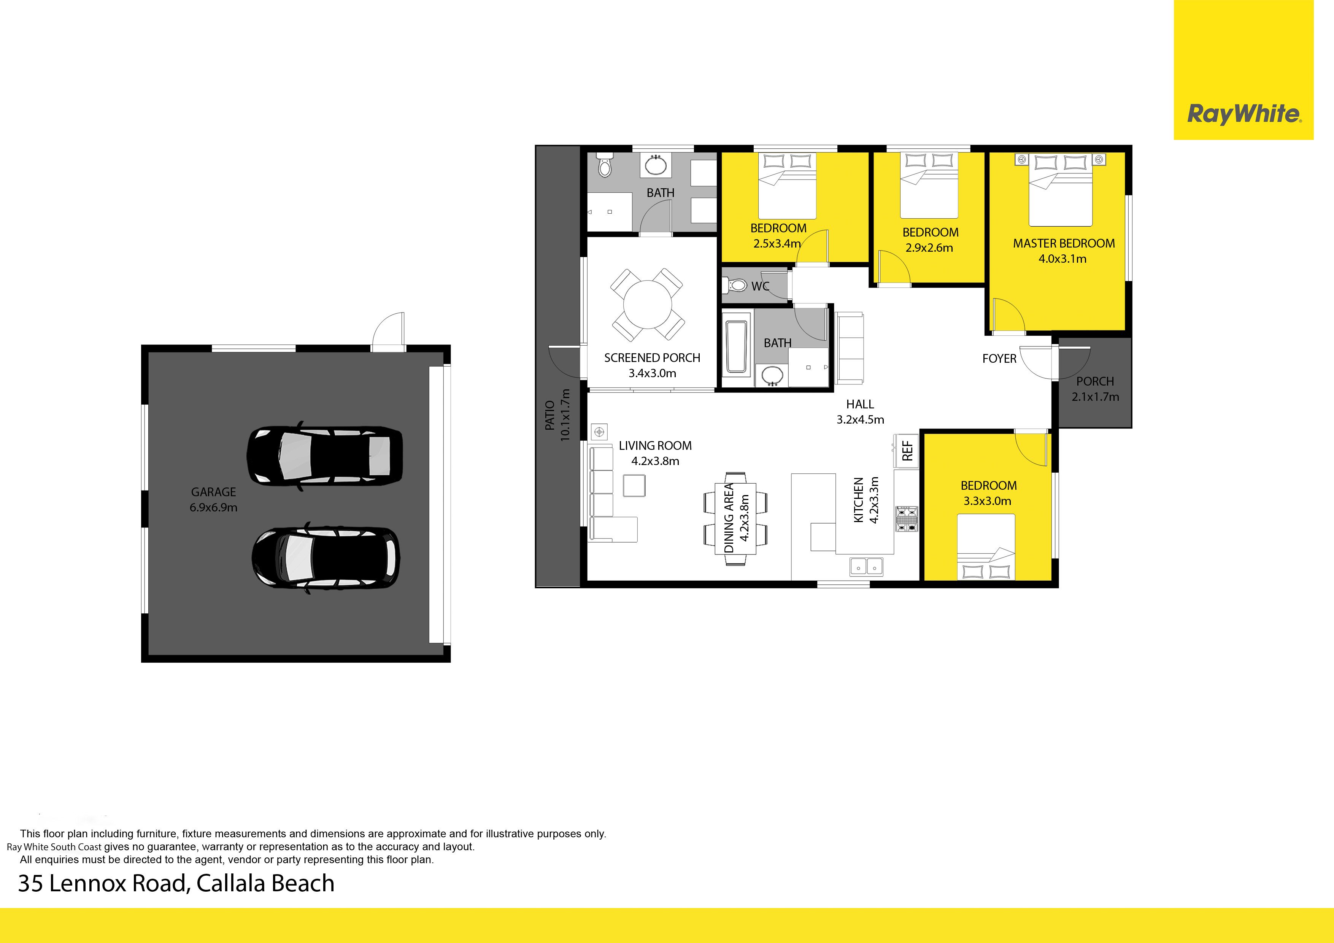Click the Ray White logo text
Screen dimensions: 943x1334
[1243, 114]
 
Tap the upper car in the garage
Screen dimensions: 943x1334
[324, 456]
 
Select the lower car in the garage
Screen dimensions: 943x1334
[326, 557]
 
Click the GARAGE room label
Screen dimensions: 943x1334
[213, 492]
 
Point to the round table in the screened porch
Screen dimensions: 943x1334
[647, 305]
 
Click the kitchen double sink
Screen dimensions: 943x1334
[866, 565]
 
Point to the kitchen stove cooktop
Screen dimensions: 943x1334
[906, 519]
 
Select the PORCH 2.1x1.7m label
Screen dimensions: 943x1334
[1095, 389]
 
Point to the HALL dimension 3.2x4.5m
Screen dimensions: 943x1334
[860, 419]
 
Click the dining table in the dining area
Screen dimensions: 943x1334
[735, 518]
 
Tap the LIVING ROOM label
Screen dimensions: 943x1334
[655, 446]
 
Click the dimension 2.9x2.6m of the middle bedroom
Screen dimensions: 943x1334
[929, 248]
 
